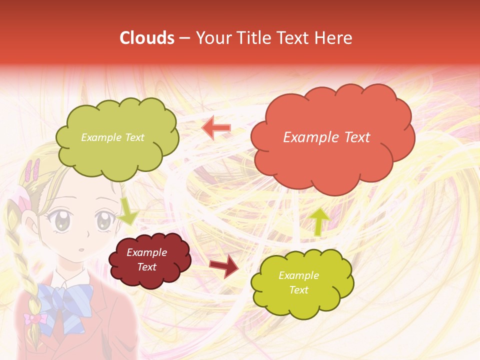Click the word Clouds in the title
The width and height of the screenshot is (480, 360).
click(x=147, y=38)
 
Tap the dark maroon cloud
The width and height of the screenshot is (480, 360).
click(x=149, y=260)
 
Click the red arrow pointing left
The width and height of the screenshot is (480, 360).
click(x=216, y=128)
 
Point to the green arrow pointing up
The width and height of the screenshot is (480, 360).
click(x=319, y=221)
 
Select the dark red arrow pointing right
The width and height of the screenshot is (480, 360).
click(x=223, y=265)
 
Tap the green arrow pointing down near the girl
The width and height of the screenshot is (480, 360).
click(x=127, y=210)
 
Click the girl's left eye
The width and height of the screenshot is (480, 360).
click(x=62, y=221)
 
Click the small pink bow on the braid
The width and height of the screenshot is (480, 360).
click(x=34, y=318)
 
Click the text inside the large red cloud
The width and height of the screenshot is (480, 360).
click(x=326, y=137)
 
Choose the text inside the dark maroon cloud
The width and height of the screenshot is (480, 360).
click(x=147, y=260)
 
